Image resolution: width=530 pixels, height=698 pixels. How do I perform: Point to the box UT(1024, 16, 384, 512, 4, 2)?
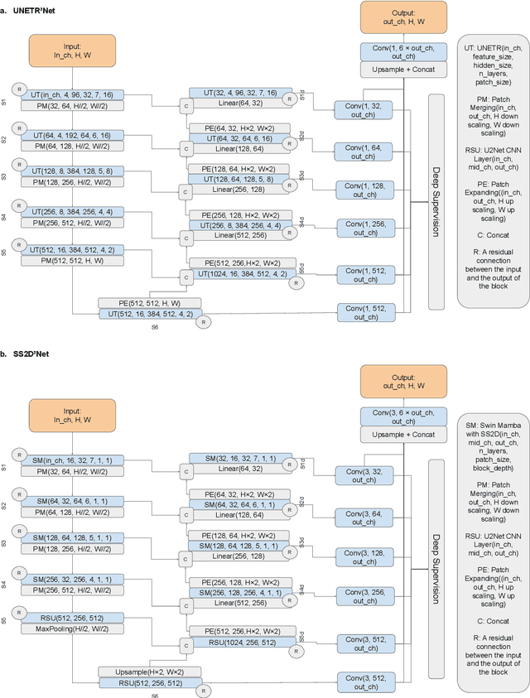(236, 272)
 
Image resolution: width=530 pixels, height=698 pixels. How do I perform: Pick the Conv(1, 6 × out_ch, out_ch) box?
(403, 52)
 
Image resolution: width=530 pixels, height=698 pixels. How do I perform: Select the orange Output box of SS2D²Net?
(403, 383)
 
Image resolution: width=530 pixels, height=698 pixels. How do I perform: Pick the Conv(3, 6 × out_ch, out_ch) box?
(403, 420)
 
